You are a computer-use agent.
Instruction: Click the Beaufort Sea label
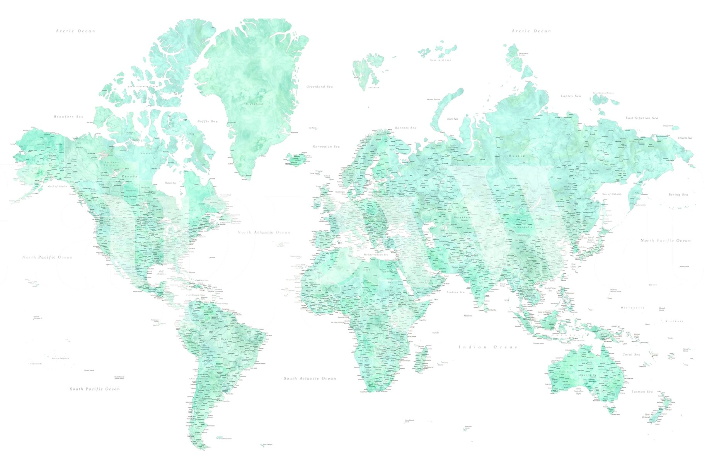pyautogui.click(x=69, y=117)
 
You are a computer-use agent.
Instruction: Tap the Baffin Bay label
pyautogui.click(x=208, y=122)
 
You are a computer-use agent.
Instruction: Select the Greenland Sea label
pyautogui.click(x=319, y=87)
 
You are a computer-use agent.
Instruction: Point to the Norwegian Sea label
pyautogui.click(x=326, y=147)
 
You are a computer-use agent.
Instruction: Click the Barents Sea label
pyautogui.click(x=405, y=128)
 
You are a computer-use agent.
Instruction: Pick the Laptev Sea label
pyautogui.click(x=571, y=96)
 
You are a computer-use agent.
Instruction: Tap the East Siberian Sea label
pyautogui.click(x=642, y=118)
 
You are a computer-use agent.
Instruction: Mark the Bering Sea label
pyautogui.click(x=678, y=195)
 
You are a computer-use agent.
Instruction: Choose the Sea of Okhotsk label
pyautogui.click(x=612, y=194)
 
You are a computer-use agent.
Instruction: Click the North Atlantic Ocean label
pyautogui.click(x=264, y=232)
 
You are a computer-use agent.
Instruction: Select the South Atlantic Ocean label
pyautogui.click(x=310, y=379)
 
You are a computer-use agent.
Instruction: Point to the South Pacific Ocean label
pyautogui.click(x=95, y=389)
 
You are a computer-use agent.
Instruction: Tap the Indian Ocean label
pyautogui.click(x=488, y=347)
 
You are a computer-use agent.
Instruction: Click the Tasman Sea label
pyautogui.click(x=642, y=392)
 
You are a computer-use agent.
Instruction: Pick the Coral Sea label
pyautogui.click(x=631, y=355)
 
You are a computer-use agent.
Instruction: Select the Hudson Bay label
pyautogui.click(x=170, y=183)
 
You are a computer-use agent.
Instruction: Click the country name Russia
pyautogui.click(x=516, y=156)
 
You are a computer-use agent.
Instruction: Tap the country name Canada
pyautogui.click(x=129, y=176)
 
